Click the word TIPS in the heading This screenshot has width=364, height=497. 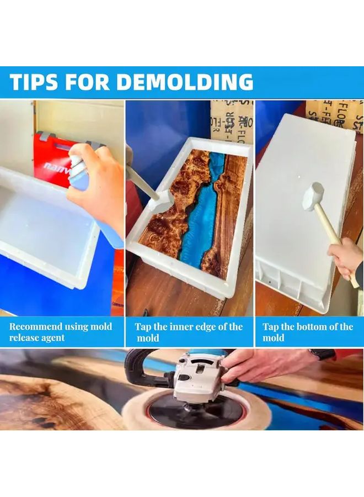click(x=34, y=82)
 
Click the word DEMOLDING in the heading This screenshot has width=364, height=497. click(x=185, y=82)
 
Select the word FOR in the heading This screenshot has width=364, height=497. click(x=88, y=82)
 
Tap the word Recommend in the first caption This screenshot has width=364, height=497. click(x=36, y=326)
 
